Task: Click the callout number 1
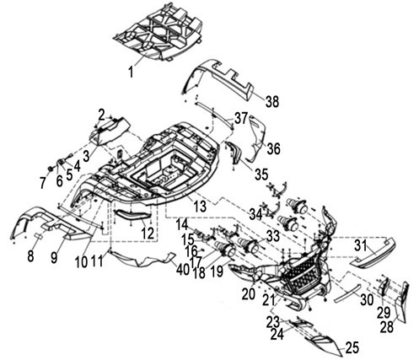pyautogui.click(x=131, y=72)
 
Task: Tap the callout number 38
pyautogui.click(x=272, y=101)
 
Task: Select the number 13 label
pyautogui.click(x=201, y=207)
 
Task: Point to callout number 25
pyautogui.click(x=352, y=348)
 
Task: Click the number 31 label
pyautogui.click(x=361, y=246)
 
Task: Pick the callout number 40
pyautogui.click(x=183, y=270)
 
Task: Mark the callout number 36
pyautogui.click(x=274, y=148)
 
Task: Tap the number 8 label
pyautogui.click(x=30, y=256)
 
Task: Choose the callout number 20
pyautogui.click(x=249, y=294)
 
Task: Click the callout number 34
pyautogui.click(x=256, y=215)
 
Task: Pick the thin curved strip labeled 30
pyautogui.click(x=347, y=293)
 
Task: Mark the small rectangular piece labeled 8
pyautogui.click(x=39, y=235)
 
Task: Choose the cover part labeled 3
pyautogui.click(x=110, y=131)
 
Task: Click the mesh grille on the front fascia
pyautogui.click(x=302, y=276)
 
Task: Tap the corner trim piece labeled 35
pyautogui.click(x=234, y=153)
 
